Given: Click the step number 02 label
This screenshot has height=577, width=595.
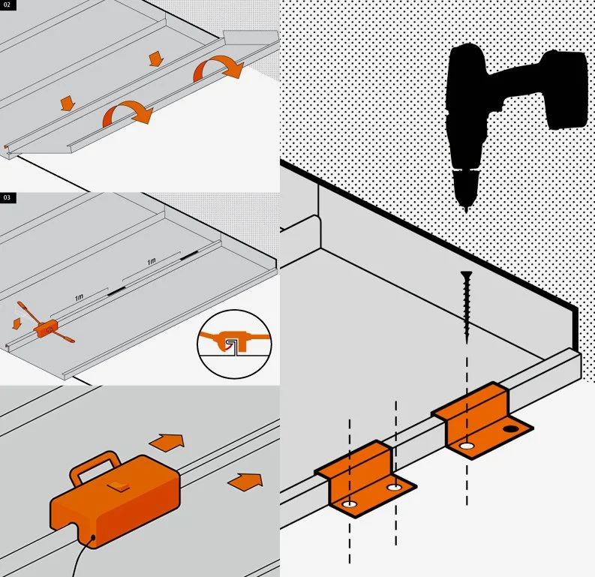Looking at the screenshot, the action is click(x=8, y=5).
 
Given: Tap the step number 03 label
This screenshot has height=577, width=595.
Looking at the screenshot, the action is click(x=8, y=197).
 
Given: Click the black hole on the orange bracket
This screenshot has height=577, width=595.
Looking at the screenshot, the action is click(x=511, y=429).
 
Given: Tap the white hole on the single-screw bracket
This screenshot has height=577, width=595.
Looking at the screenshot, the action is click(x=467, y=446).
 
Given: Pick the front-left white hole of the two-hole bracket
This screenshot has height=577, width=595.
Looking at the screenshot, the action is click(x=349, y=504).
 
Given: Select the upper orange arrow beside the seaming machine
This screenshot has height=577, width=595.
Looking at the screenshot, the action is click(x=167, y=442).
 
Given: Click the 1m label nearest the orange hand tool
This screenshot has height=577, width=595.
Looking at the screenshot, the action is click(x=79, y=297).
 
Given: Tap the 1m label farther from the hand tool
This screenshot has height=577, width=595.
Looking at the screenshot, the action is click(x=152, y=261).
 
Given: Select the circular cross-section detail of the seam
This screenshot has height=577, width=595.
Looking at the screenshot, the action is click(x=235, y=344).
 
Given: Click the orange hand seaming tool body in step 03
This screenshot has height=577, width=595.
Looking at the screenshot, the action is click(x=45, y=327).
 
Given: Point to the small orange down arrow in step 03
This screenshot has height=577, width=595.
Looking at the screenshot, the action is click(x=17, y=323).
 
